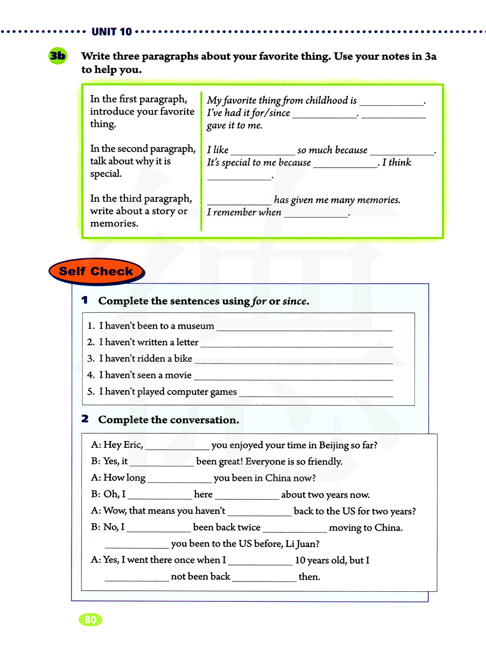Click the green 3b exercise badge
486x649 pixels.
(x=58, y=56)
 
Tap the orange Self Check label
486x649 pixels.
(x=96, y=271)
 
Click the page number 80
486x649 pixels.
(x=90, y=619)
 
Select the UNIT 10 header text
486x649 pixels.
(x=112, y=32)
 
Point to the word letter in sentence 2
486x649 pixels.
(x=187, y=342)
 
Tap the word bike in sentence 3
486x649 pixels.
(x=183, y=359)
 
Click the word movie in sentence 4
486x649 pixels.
(x=178, y=375)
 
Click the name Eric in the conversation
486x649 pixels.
(x=132, y=445)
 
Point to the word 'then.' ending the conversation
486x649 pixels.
(x=310, y=577)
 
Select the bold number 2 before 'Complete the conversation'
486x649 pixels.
(x=85, y=419)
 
